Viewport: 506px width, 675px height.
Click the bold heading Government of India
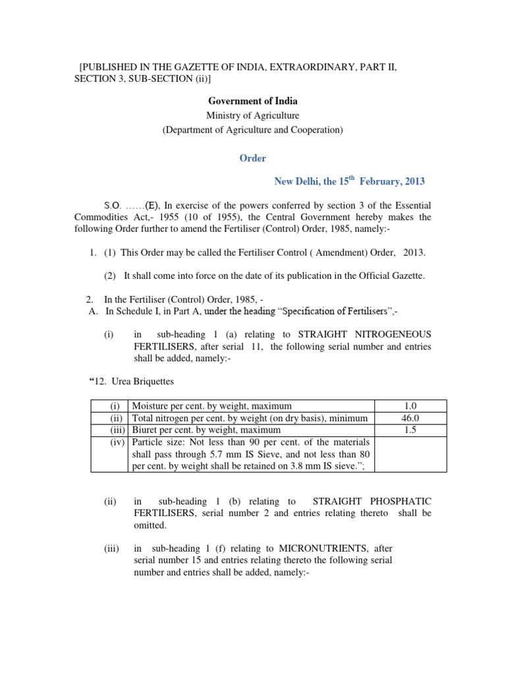[x=253, y=101]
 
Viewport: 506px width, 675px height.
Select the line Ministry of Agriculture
[x=253, y=115]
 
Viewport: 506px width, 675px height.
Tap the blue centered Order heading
[x=253, y=158]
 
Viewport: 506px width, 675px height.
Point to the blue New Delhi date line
[x=349, y=181]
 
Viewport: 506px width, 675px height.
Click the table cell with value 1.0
[x=410, y=406]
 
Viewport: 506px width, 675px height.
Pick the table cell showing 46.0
[x=410, y=418]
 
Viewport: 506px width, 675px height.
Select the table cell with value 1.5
[x=410, y=430]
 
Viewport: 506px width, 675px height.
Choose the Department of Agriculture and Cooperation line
[x=253, y=130]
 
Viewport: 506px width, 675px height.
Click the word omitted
[x=151, y=525]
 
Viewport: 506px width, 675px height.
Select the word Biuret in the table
[x=146, y=430]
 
